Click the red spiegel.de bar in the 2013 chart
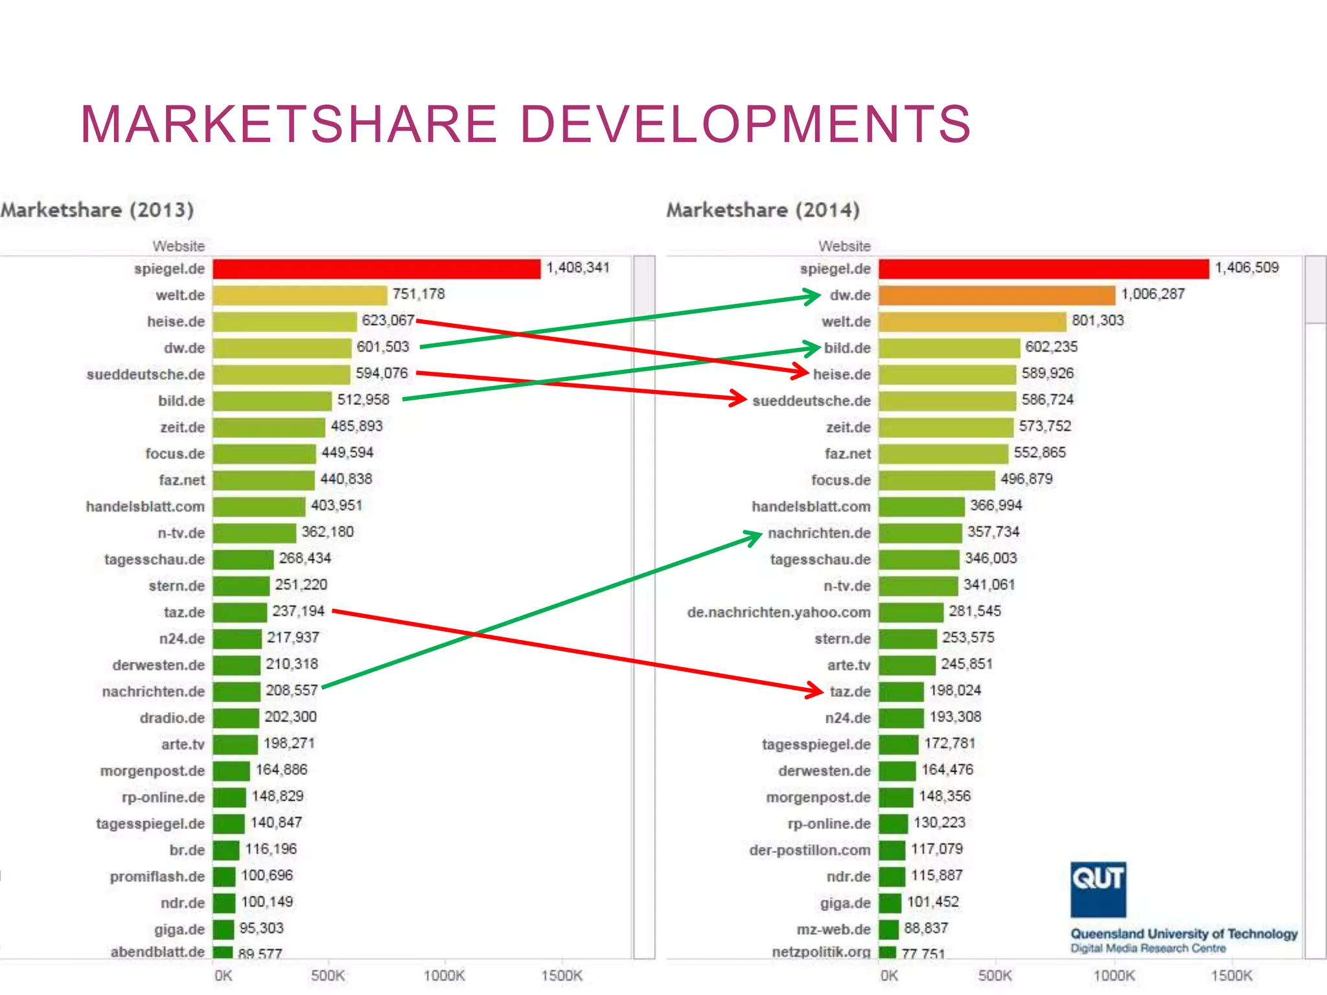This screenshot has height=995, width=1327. [376, 269]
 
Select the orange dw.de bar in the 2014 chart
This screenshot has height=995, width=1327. [997, 295]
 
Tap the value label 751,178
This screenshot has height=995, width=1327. [419, 294]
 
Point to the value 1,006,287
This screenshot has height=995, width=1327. [1153, 294]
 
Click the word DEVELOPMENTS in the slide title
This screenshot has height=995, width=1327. [745, 124]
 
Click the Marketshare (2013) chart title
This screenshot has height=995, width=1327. [97, 210]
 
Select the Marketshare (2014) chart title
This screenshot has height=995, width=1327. [763, 210]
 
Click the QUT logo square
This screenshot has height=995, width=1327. [1098, 889]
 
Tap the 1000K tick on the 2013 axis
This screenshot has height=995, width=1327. [444, 975]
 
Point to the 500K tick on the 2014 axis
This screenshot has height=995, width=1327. [995, 975]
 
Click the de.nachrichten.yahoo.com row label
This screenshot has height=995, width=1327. [779, 612]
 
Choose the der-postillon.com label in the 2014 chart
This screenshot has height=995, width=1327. [809, 850]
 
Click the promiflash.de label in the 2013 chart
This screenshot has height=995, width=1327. [157, 876]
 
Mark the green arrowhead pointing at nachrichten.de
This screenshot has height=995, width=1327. [754, 537]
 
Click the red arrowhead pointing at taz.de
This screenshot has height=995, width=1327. [815, 690]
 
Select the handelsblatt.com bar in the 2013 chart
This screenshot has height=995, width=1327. [259, 507]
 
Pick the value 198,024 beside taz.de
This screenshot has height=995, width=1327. [955, 691]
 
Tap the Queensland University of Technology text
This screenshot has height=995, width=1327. [1183, 933]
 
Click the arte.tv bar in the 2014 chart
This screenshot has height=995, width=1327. [906, 665]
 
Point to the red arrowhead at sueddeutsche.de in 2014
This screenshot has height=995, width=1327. [739, 398]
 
